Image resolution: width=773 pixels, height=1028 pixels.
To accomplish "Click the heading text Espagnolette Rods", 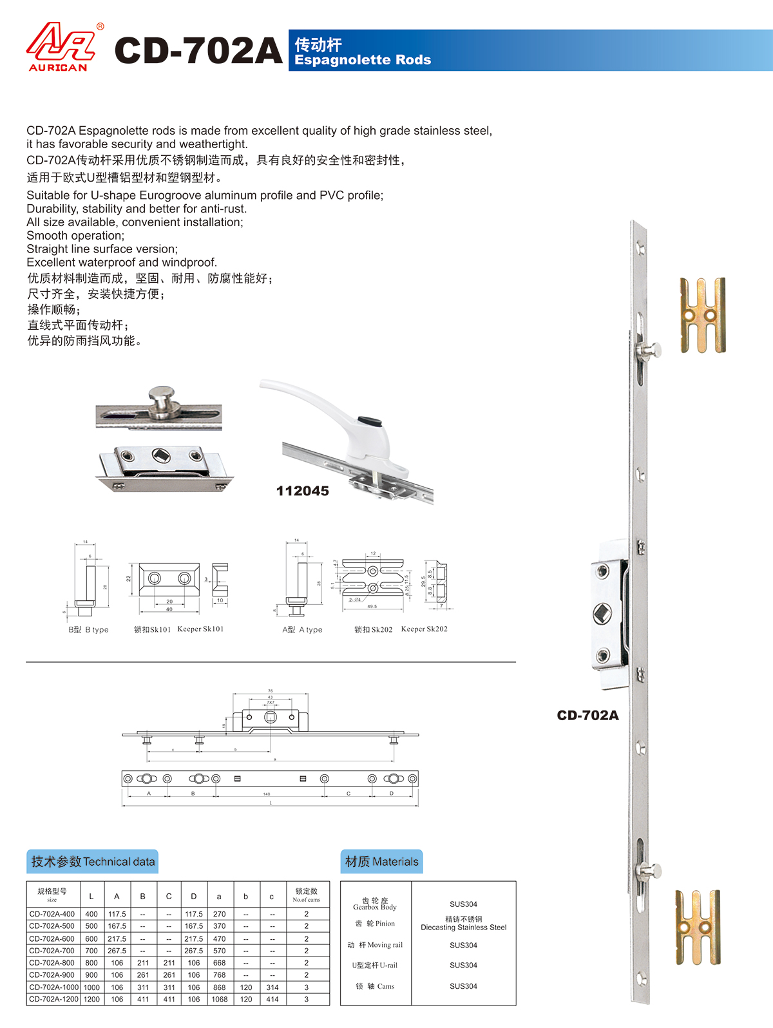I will pyautogui.click(x=363, y=60).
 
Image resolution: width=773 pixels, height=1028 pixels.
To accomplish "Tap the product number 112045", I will pyautogui.click(x=302, y=491).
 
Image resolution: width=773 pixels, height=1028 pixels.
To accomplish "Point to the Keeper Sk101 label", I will pyautogui.click(x=200, y=629).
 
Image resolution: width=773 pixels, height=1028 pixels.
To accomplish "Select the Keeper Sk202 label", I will pyautogui.click(x=424, y=629).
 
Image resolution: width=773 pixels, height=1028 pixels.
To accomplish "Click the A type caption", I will pyautogui.click(x=302, y=630).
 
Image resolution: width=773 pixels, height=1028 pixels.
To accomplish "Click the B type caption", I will pyautogui.click(x=89, y=630).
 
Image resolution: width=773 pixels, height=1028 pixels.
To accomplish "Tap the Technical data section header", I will pyautogui.click(x=93, y=862).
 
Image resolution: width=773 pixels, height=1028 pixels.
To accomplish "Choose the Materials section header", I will pyautogui.click(x=381, y=862).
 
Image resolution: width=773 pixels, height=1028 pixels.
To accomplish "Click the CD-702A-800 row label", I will pyautogui.click(x=52, y=963).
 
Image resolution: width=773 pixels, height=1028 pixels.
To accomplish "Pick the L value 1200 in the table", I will pyautogui.click(x=91, y=1000).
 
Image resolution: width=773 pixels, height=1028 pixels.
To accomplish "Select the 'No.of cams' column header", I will pyautogui.click(x=306, y=895).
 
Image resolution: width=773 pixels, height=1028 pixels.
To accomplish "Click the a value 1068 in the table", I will pyautogui.click(x=219, y=1000).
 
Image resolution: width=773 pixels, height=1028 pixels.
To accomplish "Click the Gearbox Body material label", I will pyautogui.click(x=375, y=904).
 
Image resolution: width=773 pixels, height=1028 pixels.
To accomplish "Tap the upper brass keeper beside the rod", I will pyautogui.click(x=703, y=316).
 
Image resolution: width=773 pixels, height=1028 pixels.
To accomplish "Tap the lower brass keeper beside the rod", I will pyautogui.click(x=698, y=928).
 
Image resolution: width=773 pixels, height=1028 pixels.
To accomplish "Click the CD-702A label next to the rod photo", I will pyautogui.click(x=587, y=716).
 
